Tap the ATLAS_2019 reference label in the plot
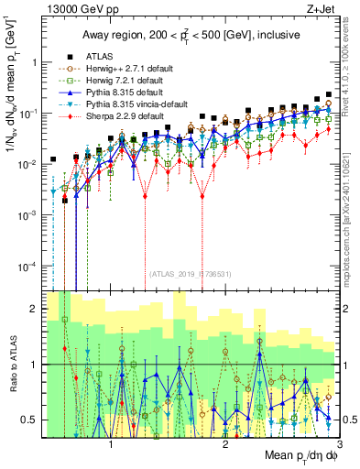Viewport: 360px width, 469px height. click(190, 273)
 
